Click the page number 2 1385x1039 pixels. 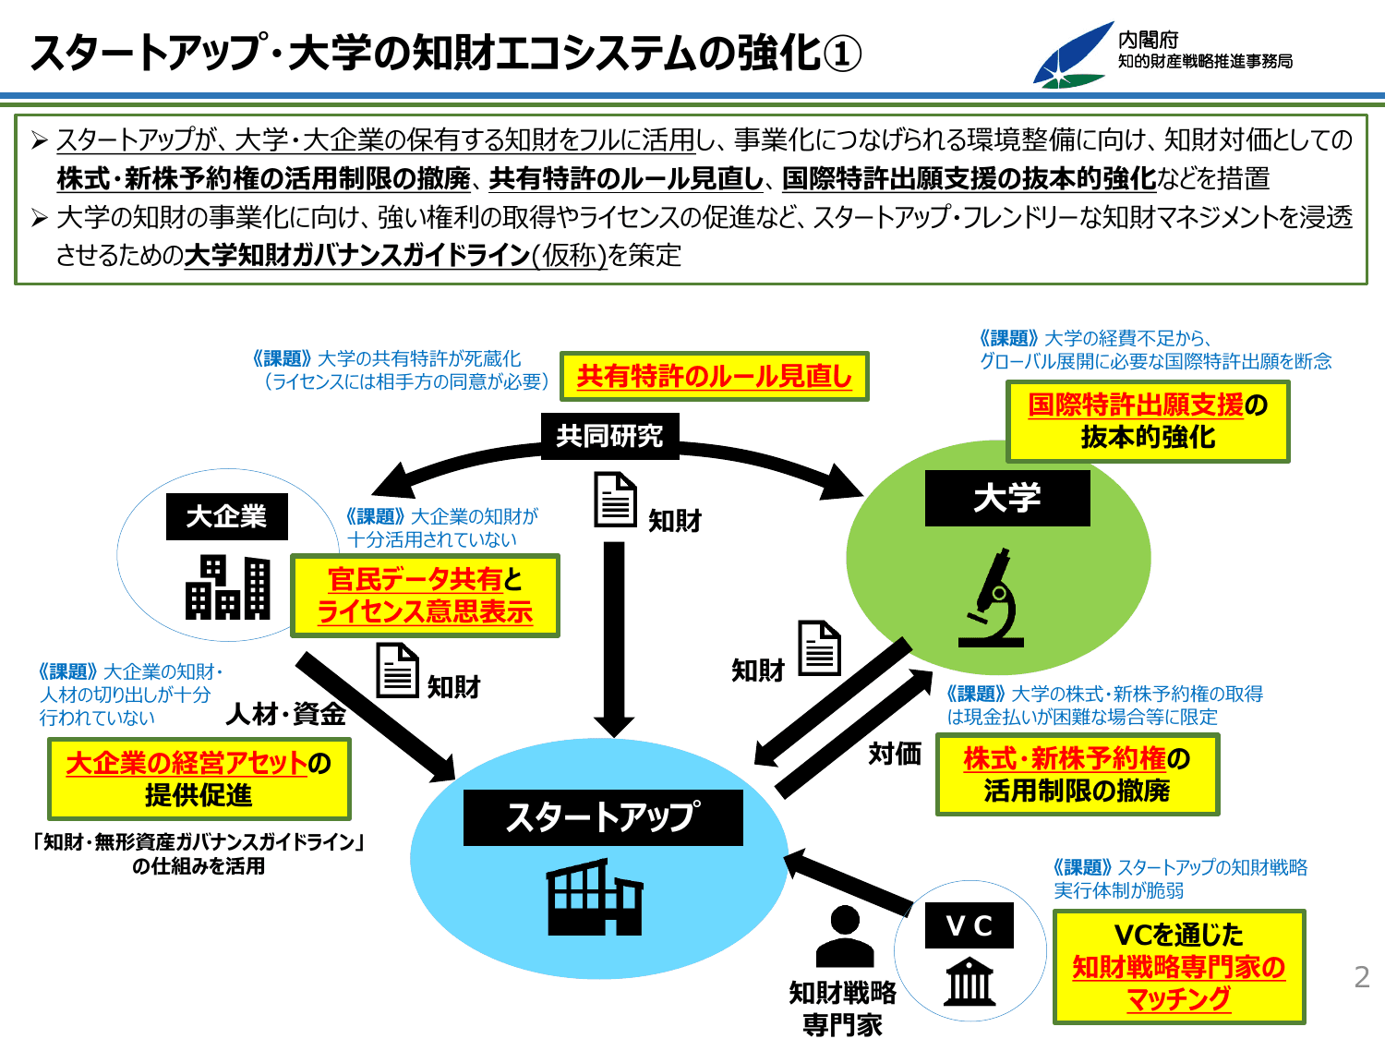[1361, 977]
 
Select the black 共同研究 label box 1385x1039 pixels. [609, 436]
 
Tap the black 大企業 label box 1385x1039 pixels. [226, 516]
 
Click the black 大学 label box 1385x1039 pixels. [1006, 499]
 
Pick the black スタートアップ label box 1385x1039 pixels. [603, 817]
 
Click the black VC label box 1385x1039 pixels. [969, 925]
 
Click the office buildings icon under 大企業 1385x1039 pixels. [227, 587]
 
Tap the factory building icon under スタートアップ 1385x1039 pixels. [594, 897]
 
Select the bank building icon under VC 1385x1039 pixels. [969, 982]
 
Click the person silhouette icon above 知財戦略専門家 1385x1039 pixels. [844, 936]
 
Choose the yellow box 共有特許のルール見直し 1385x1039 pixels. [714, 376]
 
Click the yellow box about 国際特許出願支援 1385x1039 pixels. [1147, 421]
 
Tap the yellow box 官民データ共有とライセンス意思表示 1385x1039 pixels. [425, 596]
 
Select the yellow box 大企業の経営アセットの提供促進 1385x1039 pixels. [199, 779]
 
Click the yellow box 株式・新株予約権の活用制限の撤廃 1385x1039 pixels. [1077, 774]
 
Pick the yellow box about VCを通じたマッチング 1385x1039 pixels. [1178, 966]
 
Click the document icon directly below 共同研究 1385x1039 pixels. [615, 500]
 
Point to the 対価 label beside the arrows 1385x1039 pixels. [895, 754]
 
